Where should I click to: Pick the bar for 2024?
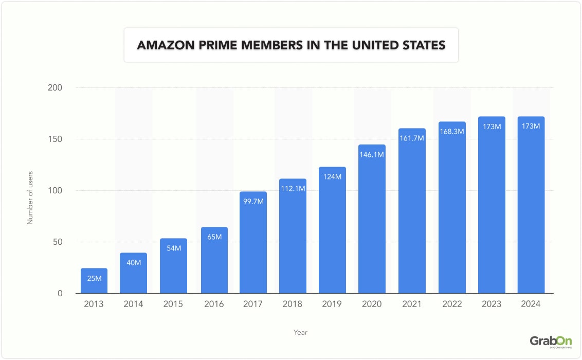pyautogui.click(x=531, y=205)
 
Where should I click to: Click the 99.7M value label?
pyautogui.click(x=253, y=201)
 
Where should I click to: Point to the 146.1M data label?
pyautogui.click(x=372, y=154)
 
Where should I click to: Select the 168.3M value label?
pyautogui.click(x=452, y=131)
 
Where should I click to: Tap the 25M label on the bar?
pyautogui.click(x=94, y=278)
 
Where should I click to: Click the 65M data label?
pyautogui.click(x=213, y=237)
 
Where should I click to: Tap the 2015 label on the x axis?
pyautogui.click(x=174, y=304)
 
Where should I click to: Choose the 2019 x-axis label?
pyautogui.click(x=332, y=304)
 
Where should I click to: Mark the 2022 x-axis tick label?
pyautogui.click(x=451, y=304)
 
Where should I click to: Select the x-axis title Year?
pyautogui.click(x=301, y=332)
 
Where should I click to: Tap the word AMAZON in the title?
pyautogui.click(x=163, y=45)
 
